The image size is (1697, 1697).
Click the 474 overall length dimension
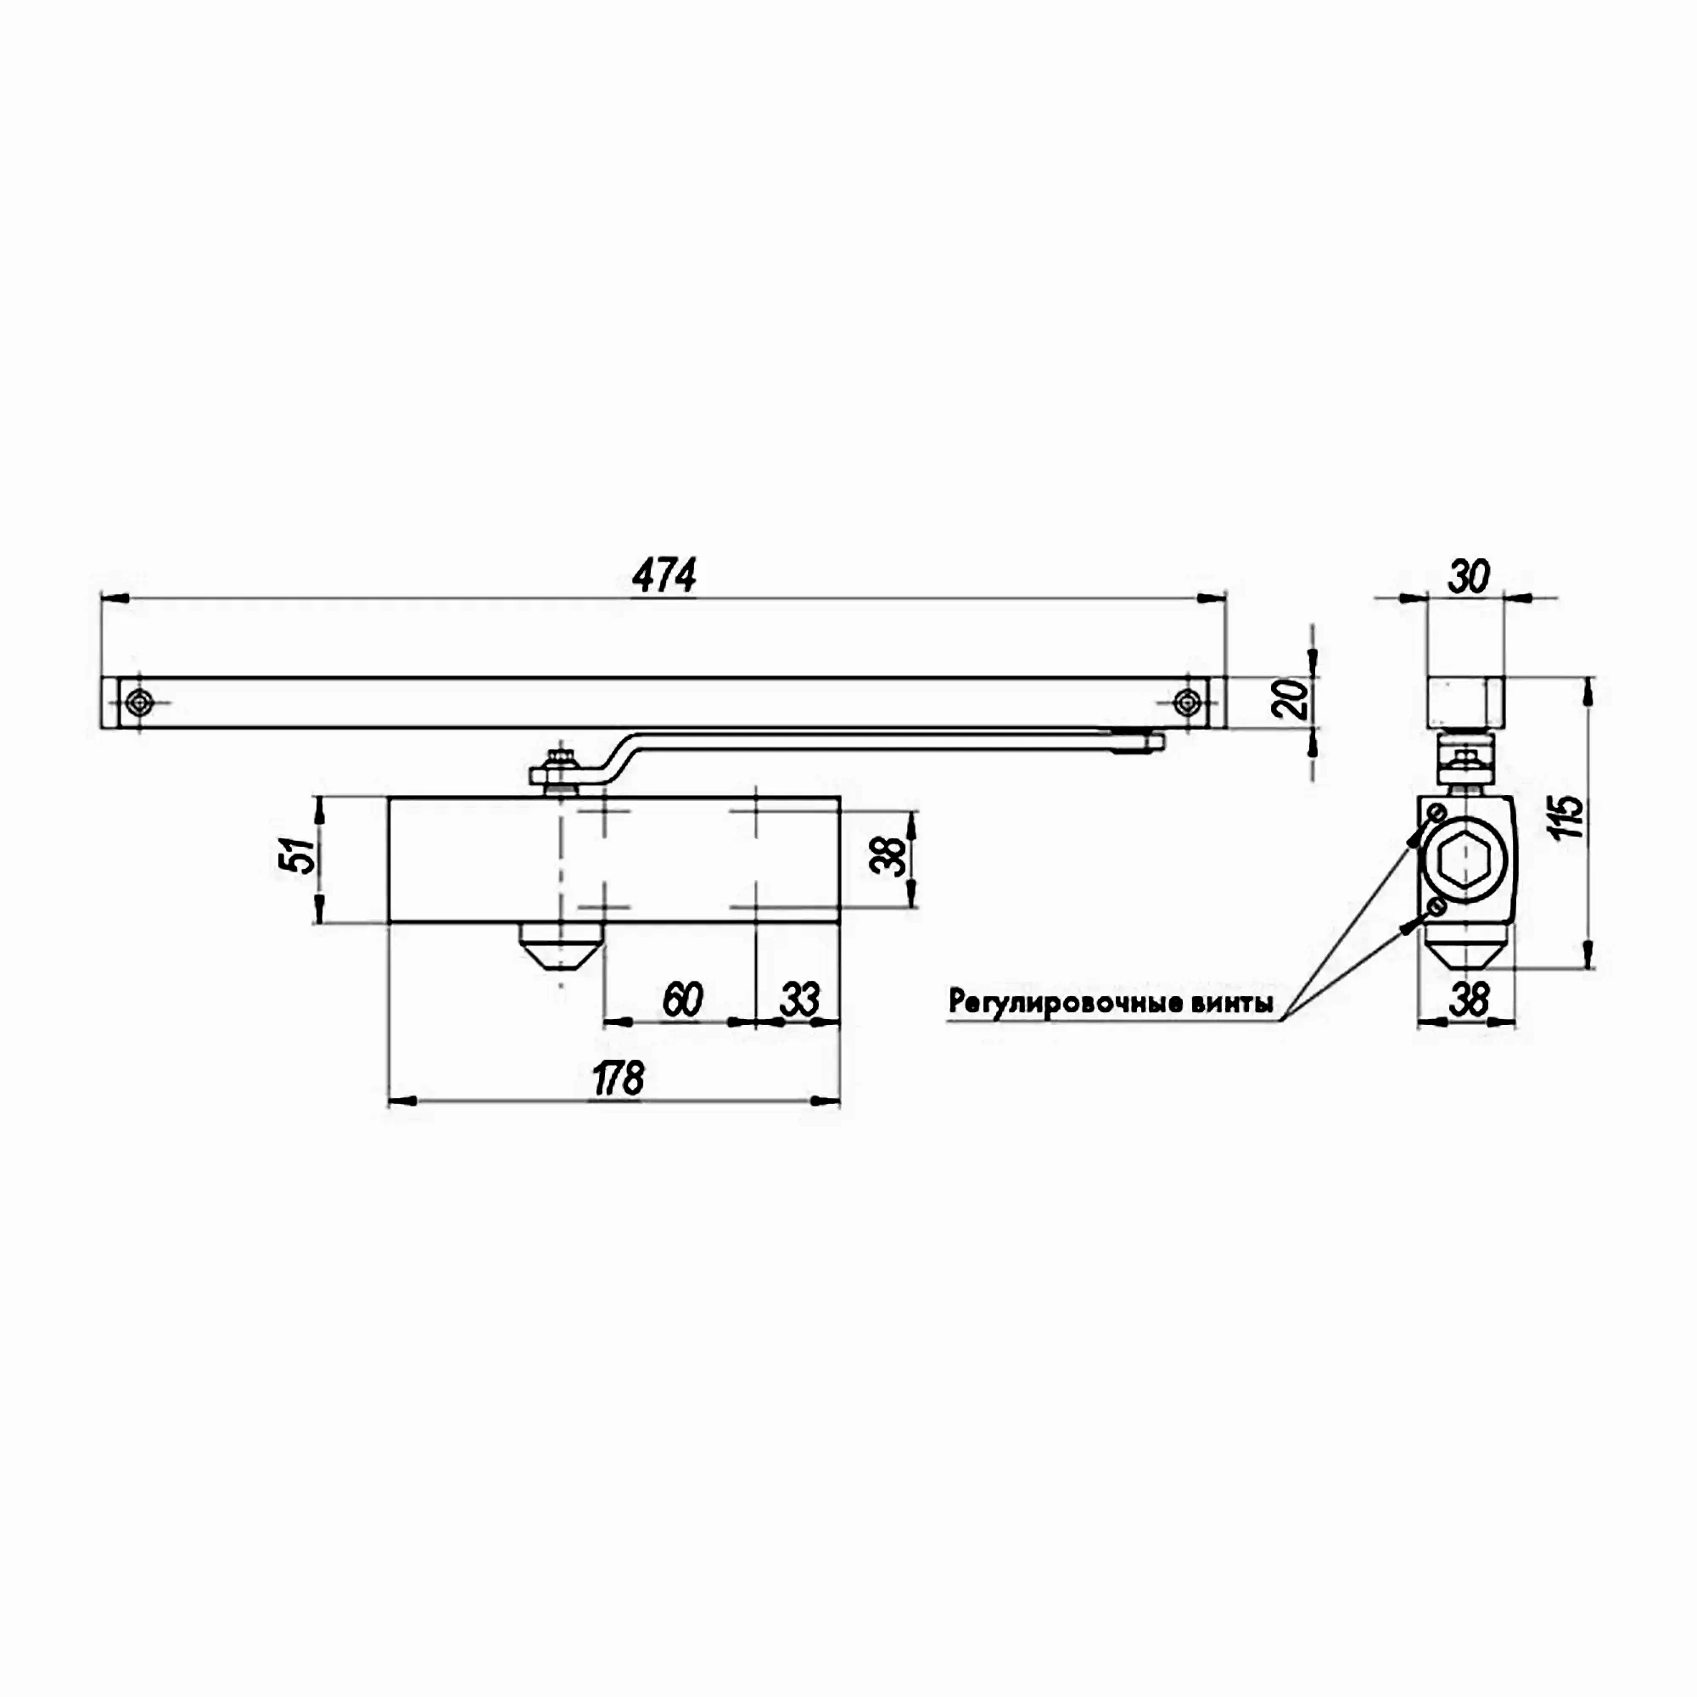point(664,576)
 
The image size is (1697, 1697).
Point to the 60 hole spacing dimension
point(682,1000)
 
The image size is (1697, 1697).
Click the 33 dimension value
point(799,1000)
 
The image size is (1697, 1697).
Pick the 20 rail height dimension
point(1292,700)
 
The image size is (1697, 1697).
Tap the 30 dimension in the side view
point(1468,577)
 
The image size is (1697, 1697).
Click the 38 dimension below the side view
point(1468,1000)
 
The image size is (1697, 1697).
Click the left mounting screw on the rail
point(139,701)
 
